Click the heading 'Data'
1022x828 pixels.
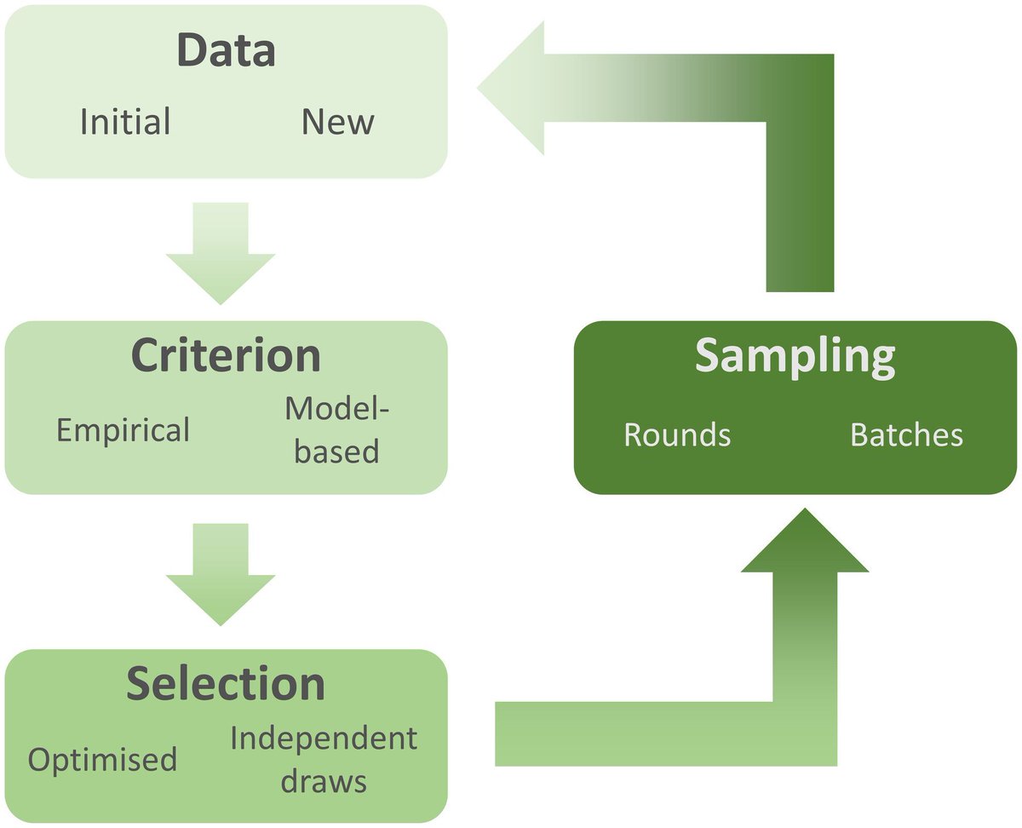click(226, 51)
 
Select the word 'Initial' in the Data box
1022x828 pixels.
click(125, 122)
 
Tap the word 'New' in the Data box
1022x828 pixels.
click(337, 122)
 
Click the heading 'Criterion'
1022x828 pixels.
click(226, 356)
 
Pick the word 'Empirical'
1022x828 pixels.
click(123, 430)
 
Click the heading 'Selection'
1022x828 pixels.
click(226, 684)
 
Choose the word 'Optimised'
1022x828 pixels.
click(103, 758)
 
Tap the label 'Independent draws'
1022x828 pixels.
click(324, 759)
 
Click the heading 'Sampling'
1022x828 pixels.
click(795, 357)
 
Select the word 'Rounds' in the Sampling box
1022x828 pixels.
click(677, 434)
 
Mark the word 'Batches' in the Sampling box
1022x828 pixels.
click(906, 434)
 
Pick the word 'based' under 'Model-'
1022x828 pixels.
click(337, 451)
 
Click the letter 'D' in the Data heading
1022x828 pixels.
click(192, 51)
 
